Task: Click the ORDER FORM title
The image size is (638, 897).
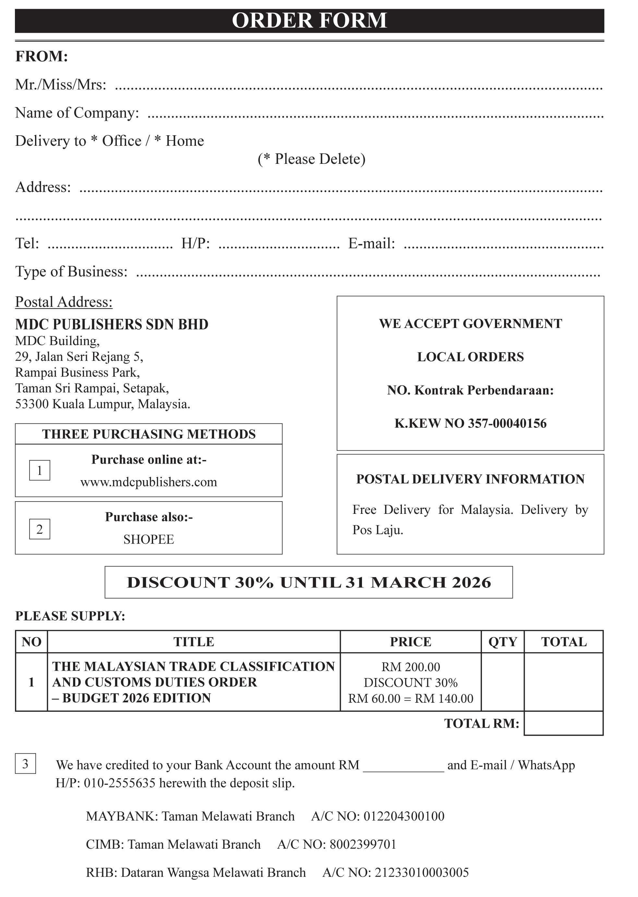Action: click(309, 20)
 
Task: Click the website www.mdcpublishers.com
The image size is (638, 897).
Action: click(149, 482)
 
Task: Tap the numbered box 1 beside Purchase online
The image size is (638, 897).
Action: click(40, 470)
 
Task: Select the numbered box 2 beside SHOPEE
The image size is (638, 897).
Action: click(40, 529)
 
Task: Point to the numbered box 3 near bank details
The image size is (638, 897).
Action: click(26, 764)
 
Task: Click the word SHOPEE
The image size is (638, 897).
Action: click(149, 539)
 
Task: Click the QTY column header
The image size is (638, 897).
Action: click(502, 642)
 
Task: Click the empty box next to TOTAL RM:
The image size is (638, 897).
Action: click(563, 723)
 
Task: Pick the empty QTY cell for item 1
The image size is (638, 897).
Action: click(502, 682)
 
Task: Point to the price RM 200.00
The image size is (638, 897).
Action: click(411, 667)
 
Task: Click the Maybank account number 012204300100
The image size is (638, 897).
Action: click(404, 817)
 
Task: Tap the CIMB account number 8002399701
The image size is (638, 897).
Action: click(363, 844)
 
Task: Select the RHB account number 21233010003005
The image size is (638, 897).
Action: click(422, 872)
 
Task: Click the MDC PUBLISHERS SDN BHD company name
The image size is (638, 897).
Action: click(112, 324)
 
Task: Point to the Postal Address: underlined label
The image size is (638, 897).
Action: click(64, 302)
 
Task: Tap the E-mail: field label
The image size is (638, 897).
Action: click(371, 244)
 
